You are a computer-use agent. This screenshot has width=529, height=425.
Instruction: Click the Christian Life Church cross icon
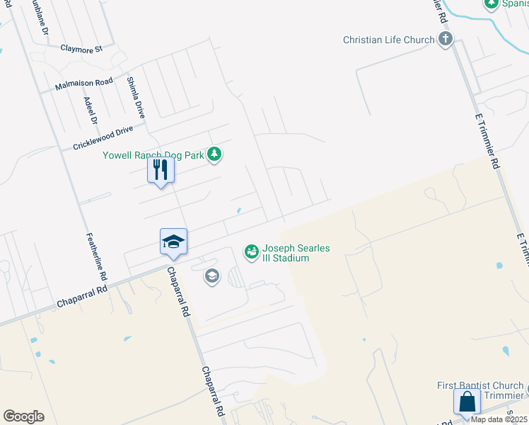pyautogui.click(x=446, y=39)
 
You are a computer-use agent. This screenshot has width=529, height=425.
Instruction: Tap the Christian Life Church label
pyautogui.click(x=388, y=40)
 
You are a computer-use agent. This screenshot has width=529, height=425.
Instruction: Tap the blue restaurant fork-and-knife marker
pyautogui.click(x=161, y=170)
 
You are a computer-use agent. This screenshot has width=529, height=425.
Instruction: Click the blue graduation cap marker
pyautogui.click(x=173, y=242)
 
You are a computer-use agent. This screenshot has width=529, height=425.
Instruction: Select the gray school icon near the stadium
pyautogui.click(x=211, y=276)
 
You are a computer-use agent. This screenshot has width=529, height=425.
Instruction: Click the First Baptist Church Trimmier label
pyautogui.click(x=481, y=390)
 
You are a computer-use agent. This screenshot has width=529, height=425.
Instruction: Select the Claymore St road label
pyautogui.click(x=81, y=49)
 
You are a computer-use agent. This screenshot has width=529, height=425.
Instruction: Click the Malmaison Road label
pyautogui.click(x=84, y=85)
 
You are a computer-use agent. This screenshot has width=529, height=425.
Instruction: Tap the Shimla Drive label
pyautogui.click(x=135, y=97)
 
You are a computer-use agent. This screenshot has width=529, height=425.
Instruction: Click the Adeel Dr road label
pyautogui.click(x=90, y=111)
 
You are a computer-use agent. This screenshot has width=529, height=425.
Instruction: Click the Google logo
pyautogui.click(x=23, y=416)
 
